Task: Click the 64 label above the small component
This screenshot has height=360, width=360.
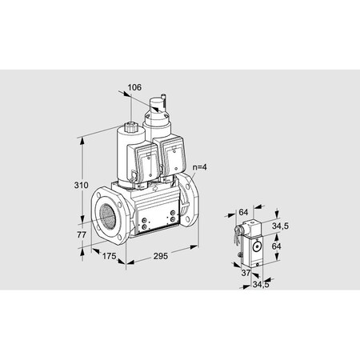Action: click(243, 212)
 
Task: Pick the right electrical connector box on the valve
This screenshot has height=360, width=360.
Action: click(174, 157)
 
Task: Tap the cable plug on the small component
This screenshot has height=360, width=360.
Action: click(238, 234)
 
